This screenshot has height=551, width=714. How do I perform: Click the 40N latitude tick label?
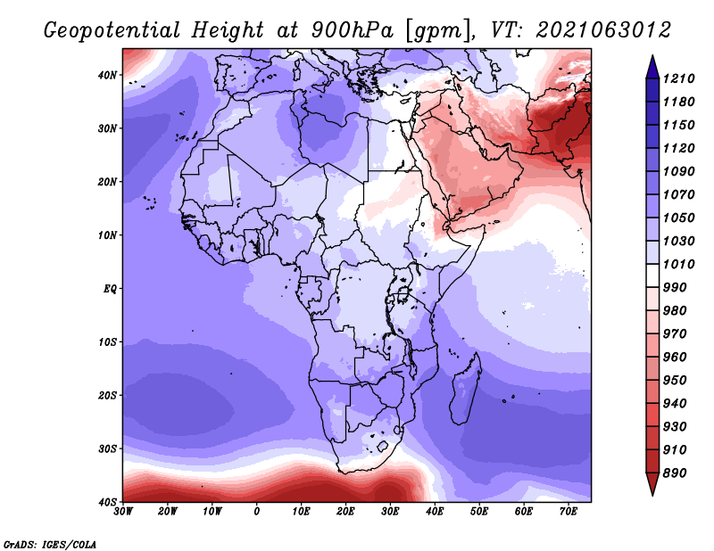point(107,75)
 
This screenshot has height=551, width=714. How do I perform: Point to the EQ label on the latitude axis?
point(110,289)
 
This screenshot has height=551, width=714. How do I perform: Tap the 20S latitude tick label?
point(107,395)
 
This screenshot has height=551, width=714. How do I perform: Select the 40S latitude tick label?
point(107,502)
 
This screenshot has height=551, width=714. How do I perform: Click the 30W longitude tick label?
point(123,512)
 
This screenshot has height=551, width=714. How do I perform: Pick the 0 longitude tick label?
point(257,512)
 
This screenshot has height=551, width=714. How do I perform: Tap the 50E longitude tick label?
point(479,512)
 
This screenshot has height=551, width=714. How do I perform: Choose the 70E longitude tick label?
point(569,512)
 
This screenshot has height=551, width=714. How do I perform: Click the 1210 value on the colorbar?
point(678,78)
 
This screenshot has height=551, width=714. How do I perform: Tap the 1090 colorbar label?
point(678,171)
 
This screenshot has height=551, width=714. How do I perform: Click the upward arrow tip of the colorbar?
point(652,56)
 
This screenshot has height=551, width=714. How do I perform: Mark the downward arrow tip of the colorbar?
point(652,495)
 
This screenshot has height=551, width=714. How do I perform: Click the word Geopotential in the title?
point(112,30)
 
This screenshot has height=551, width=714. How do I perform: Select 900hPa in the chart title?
point(352,30)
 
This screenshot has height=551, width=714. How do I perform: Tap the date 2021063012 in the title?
point(604,29)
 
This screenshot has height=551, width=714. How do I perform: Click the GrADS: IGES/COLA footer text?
point(50,545)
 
